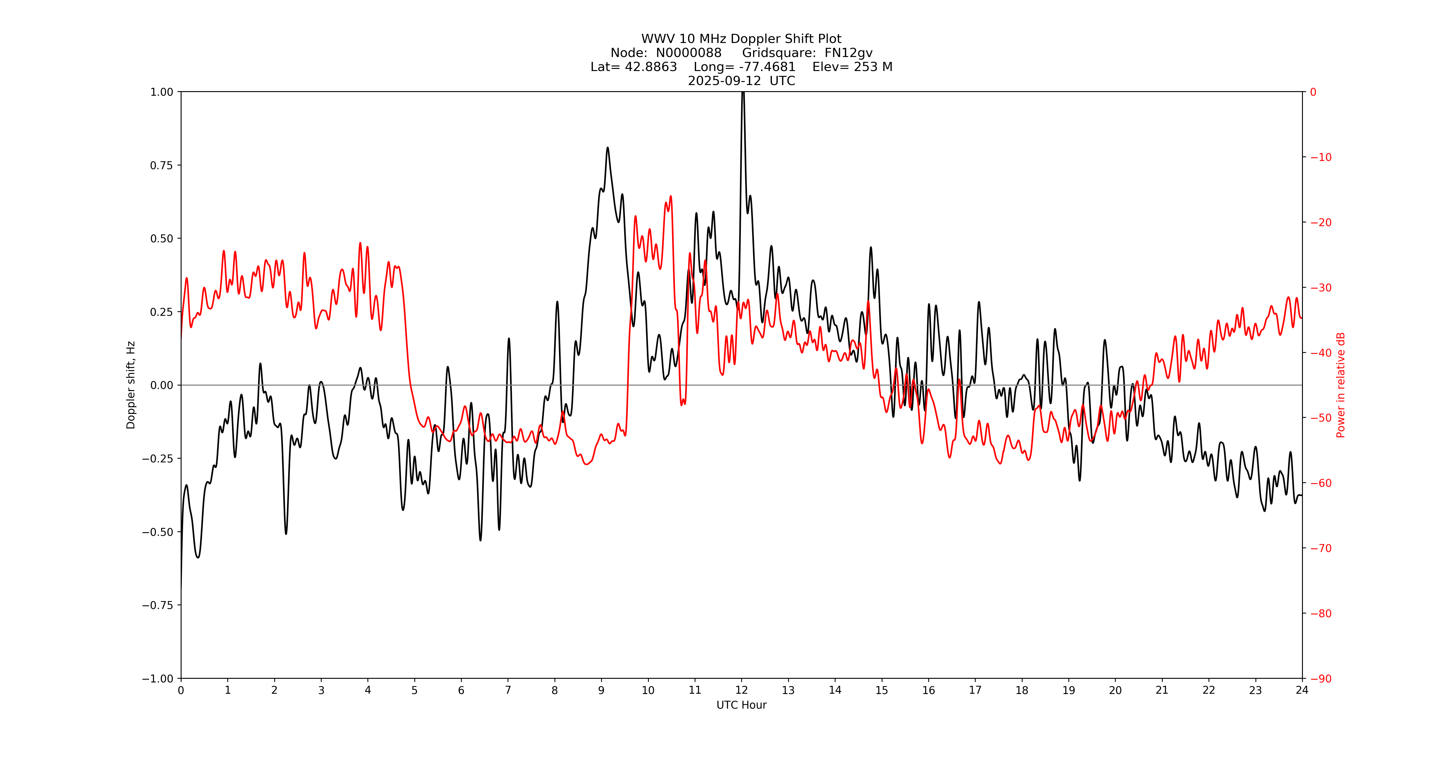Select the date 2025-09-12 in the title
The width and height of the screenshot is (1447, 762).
pos(724,81)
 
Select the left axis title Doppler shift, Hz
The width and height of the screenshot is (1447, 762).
pos(131,385)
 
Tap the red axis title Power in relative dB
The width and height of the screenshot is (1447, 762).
pos(1341,385)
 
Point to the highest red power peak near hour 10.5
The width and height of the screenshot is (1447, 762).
pos(671,197)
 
